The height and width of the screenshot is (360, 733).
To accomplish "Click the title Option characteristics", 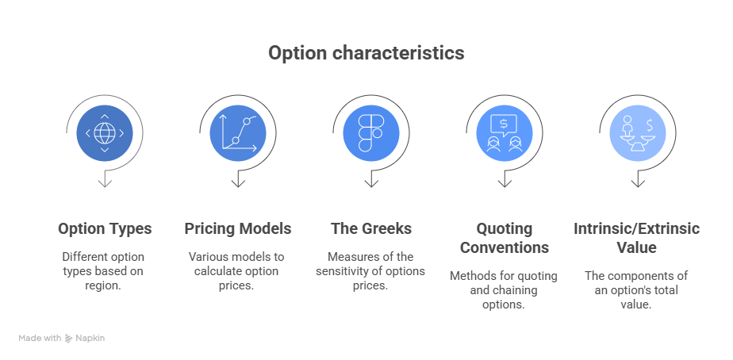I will click(366, 53).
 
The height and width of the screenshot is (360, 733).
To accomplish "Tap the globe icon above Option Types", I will click(104, 132).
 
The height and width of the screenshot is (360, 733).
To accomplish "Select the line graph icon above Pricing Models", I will click(237, 132).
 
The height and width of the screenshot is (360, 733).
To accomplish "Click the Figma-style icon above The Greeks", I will click(370, 132).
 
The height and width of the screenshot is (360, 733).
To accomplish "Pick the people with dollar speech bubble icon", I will click(504, 132).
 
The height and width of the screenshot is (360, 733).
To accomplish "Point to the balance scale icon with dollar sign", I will click(637, 132).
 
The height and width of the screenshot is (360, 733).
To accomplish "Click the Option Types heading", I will click(105, 228).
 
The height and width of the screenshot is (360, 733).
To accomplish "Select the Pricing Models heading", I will click(238, 228).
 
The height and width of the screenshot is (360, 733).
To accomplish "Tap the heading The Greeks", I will click(370, 228).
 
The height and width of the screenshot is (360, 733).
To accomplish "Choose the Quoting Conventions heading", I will click(504, 238).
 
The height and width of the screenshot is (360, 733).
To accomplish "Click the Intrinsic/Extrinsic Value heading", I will click(637, 238).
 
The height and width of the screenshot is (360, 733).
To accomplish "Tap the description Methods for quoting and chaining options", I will click(504, 290).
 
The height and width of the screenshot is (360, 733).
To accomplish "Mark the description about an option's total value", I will click(637, 290).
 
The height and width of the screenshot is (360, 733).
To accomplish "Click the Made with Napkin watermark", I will click(62, 338).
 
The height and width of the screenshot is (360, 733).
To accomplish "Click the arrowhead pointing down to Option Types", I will click(104, 183).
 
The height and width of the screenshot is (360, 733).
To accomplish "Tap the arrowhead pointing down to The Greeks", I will click(370, 183).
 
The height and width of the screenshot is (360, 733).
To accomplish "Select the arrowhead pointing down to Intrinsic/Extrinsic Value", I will click(637, 183).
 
